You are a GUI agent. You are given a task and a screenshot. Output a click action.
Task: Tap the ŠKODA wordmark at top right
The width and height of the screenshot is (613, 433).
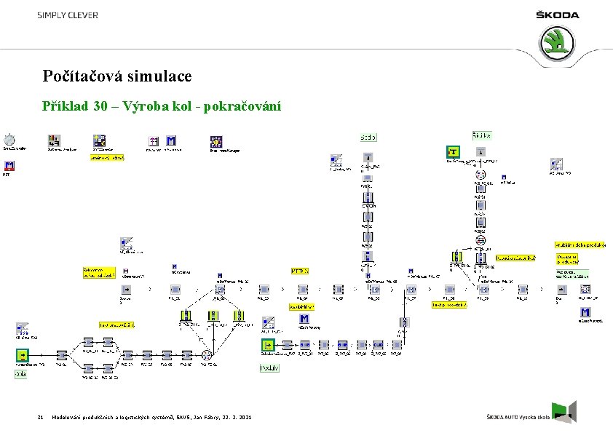pos(558,15)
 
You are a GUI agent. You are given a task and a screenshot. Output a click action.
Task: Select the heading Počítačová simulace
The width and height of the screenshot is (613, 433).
pos(117,76)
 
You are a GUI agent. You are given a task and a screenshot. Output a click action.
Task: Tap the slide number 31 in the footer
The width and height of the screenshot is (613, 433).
pos(41,416)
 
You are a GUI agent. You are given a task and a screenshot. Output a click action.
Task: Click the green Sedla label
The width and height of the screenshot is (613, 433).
pos(368,137)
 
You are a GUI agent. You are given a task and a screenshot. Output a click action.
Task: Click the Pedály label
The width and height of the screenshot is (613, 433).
pos(269,368)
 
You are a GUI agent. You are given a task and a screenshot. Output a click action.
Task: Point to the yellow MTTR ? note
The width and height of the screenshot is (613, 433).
pos(301,271)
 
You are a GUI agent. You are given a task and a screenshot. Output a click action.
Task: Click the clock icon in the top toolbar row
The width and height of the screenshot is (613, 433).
pos(9,140)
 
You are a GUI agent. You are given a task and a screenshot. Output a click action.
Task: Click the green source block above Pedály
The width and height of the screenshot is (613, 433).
pos(269,345)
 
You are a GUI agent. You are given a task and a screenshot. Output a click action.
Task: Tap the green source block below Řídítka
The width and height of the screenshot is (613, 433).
pos(454,152)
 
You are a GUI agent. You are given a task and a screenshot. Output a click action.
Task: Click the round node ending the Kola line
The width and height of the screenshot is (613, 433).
pos(207,355)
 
